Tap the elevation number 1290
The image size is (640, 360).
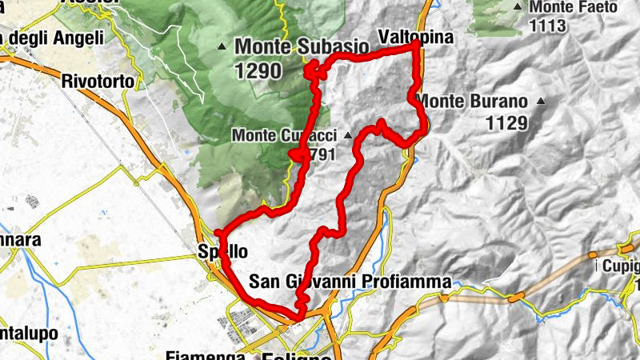coord(258,70)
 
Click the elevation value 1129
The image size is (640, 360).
coord(507,122)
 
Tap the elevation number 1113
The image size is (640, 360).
coord(547,26)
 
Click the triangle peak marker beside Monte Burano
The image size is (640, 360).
coord(542,102)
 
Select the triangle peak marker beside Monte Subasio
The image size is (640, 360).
coord(222,47)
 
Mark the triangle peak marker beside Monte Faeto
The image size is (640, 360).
coord(518,7)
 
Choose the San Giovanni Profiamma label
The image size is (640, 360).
coord(350,282)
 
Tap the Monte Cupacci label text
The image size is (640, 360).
coord(283,136)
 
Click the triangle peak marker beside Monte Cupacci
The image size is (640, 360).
coord(347,136)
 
